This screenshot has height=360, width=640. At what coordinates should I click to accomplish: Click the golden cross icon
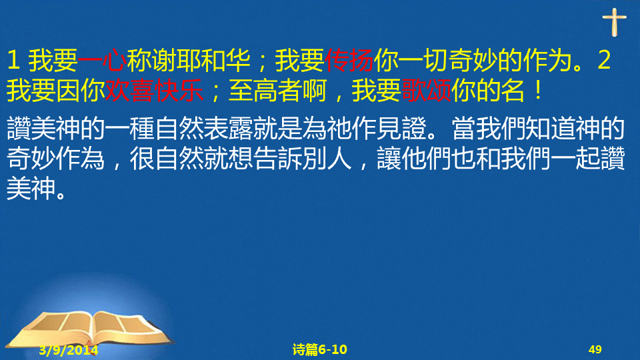(614, 22)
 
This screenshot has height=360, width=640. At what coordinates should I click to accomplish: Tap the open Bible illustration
(91, 330)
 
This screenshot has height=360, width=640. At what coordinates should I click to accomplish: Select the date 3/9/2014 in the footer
(69, 350)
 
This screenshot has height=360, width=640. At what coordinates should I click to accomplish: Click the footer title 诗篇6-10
(319, 349)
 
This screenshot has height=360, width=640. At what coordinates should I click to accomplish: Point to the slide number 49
(595, 349)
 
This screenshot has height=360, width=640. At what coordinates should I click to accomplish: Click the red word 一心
(102, 60)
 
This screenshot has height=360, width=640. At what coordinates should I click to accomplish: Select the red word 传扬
(349, 60)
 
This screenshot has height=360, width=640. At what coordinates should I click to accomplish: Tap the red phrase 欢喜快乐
(154, 90)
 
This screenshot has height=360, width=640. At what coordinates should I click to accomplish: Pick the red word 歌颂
(427, 90)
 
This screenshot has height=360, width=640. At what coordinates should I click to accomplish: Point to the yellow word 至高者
(265, 90)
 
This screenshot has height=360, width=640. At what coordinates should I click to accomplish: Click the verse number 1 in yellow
(13, 61)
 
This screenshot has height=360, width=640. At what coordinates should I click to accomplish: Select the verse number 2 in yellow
(604, 61)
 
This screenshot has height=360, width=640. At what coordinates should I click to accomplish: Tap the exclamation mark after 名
(539, 90)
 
